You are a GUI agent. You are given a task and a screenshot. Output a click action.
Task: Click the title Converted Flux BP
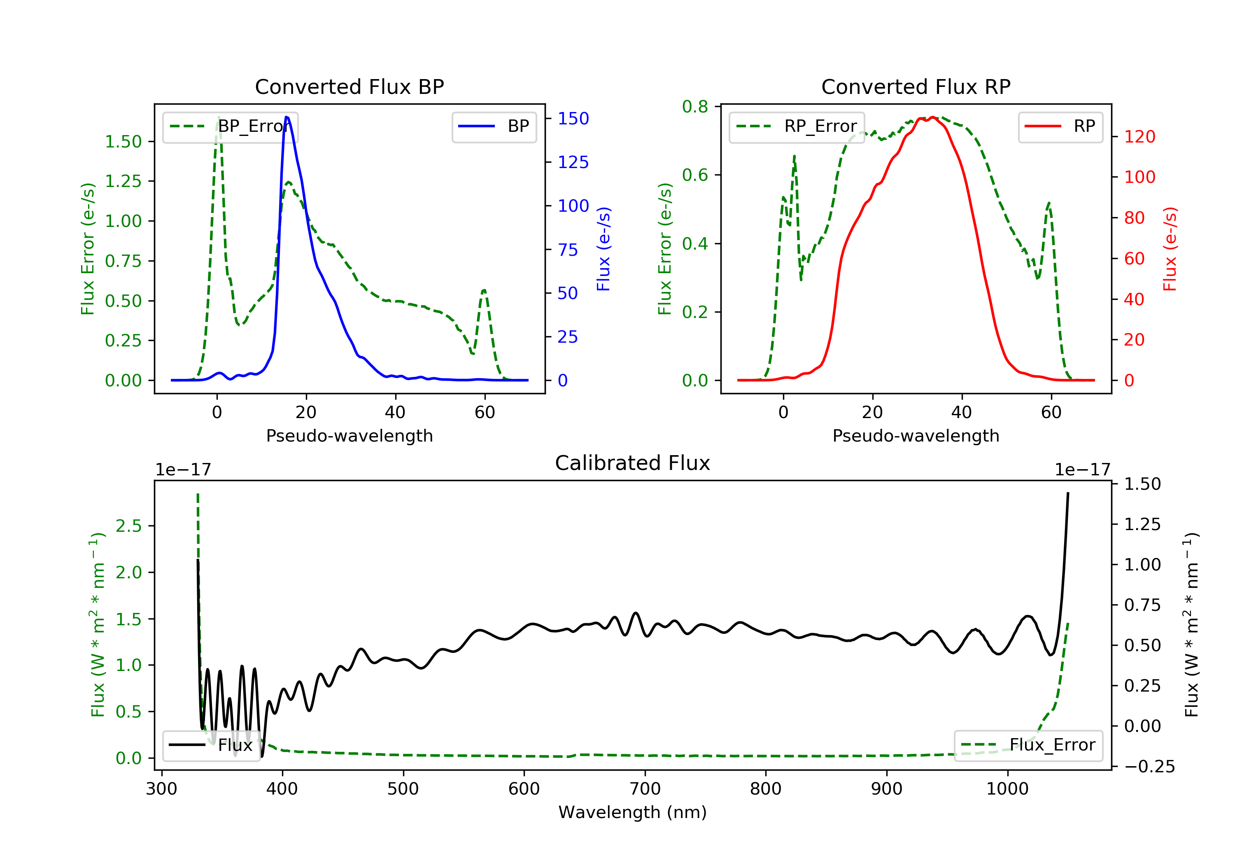(349, 86)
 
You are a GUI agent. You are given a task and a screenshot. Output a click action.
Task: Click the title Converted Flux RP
(916, 86)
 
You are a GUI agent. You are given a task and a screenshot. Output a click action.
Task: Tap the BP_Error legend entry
(230, 126)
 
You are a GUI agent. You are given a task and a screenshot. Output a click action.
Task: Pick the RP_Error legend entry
(797, 126)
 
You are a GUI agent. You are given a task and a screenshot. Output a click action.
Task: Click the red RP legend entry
(1060, 126)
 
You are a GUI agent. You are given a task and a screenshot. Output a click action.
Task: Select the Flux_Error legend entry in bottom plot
(1028, 745)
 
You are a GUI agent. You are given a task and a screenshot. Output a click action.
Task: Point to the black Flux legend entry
(211, 745)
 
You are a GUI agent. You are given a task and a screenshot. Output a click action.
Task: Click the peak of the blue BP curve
(287, 117)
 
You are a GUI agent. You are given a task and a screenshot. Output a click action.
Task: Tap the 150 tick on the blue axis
(573, 118)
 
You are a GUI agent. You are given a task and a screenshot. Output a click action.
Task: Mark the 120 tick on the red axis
(1139, 137)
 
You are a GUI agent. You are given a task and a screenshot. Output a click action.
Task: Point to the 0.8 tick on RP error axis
(695, 107)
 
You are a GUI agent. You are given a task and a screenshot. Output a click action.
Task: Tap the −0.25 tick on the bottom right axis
(1149, 767)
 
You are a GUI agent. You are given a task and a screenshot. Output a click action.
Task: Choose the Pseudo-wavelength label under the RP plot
(916, 435)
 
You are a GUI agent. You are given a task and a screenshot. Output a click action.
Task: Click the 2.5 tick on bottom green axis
(128, 526)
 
